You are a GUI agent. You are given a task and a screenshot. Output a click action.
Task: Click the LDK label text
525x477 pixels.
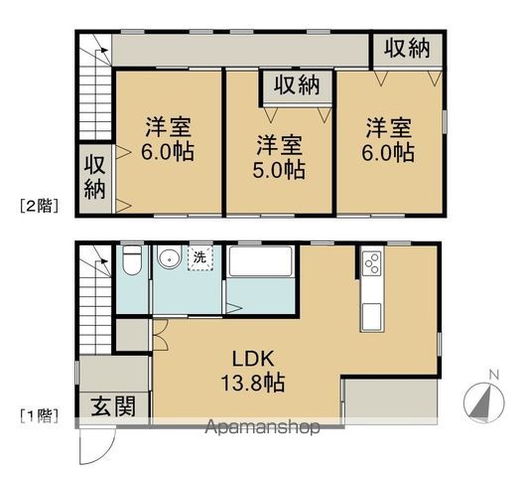(249, 359)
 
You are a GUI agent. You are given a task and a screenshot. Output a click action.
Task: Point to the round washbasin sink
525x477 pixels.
(170, 260)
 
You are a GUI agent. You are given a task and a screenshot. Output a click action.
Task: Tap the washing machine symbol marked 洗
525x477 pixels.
(199, 258)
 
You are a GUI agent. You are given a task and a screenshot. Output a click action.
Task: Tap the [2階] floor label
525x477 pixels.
(39, 208)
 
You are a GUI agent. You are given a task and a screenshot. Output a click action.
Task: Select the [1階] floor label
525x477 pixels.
(39, 414)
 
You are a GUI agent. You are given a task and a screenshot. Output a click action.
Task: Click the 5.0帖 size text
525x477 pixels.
(277, 170)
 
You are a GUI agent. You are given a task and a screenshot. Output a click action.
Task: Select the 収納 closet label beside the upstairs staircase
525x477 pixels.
(94, 176)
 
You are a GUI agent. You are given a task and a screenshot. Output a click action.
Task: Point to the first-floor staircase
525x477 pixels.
(96, 303)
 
